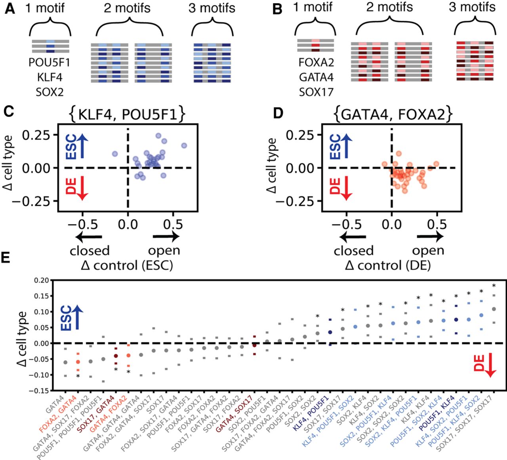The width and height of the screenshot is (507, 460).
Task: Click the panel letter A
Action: pos(10,9)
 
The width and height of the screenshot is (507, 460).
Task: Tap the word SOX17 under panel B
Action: pos(316,92)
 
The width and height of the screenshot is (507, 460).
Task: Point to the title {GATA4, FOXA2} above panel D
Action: pos(391,114)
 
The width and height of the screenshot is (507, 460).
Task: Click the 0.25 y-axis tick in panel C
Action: pos(37,135)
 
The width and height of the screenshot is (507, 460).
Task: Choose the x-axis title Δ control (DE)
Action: pos(388,265)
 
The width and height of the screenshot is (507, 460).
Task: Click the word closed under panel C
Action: pos(90,251)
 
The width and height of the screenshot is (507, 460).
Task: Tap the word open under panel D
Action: pos(428,251)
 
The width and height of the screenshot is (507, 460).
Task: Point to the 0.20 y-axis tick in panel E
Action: pos(41,280)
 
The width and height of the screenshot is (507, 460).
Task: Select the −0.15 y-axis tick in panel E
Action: pos(40,391)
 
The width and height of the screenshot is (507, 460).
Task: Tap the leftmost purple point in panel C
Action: pos(115,154)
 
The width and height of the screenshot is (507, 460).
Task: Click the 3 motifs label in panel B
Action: pos(472,7)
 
